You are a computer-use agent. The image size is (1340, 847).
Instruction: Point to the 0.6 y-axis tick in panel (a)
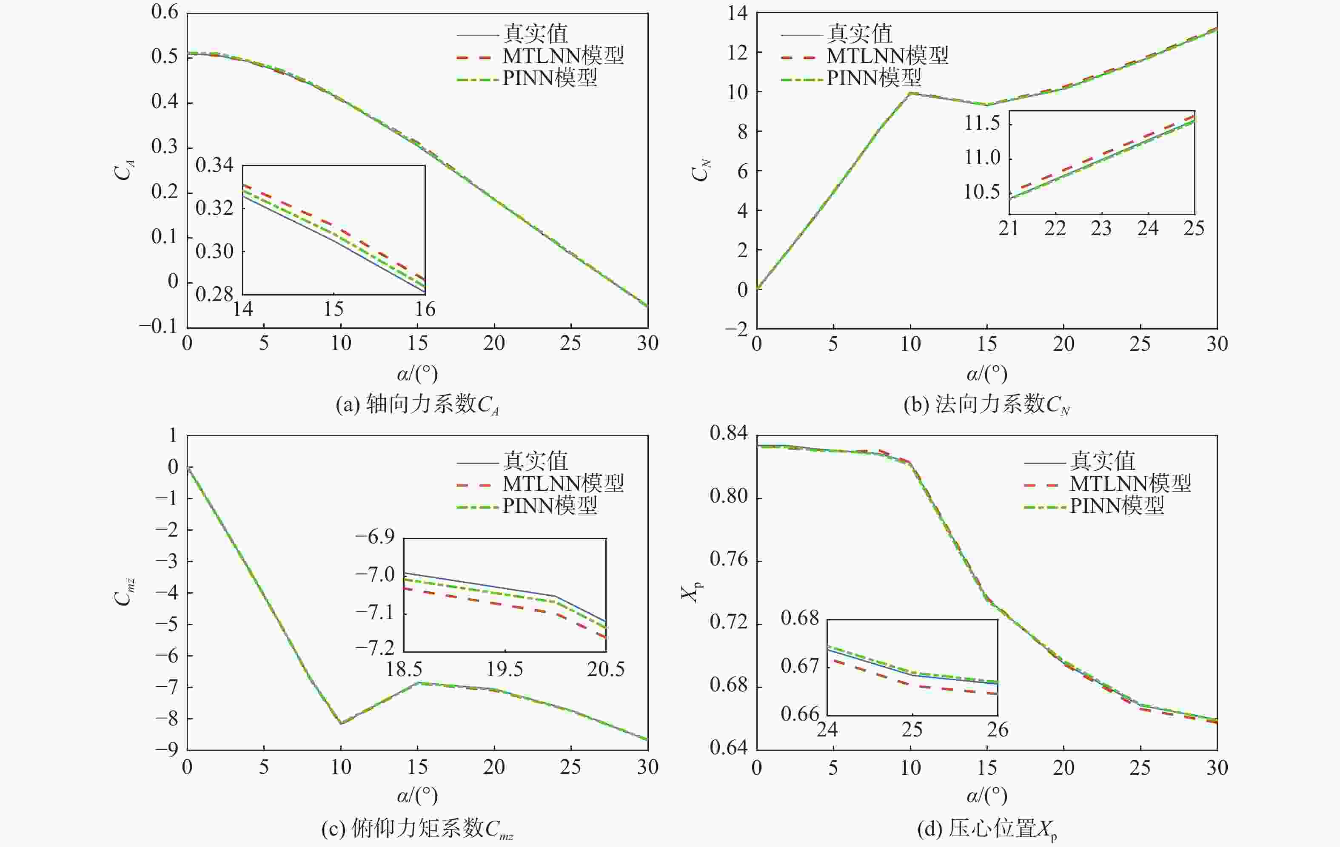(x=165, y=12)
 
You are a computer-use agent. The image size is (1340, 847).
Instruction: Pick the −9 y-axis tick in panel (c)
(x=166, y=750)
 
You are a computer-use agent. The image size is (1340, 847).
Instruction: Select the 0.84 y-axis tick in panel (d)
(x=728, y=433)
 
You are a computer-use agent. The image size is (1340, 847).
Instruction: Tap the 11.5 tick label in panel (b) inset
(x=982, y=123)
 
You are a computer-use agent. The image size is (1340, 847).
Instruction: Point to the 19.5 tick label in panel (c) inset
(x=505, y=669)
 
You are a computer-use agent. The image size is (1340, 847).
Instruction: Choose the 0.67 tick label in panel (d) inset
(x=800, y=666)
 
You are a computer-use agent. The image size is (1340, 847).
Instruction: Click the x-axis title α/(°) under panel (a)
(x=417, y=373)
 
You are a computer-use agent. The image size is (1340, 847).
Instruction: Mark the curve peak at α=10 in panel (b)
(x=910, y=93)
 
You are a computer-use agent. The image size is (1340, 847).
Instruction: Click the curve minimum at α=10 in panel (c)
(x=341, y=723)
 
